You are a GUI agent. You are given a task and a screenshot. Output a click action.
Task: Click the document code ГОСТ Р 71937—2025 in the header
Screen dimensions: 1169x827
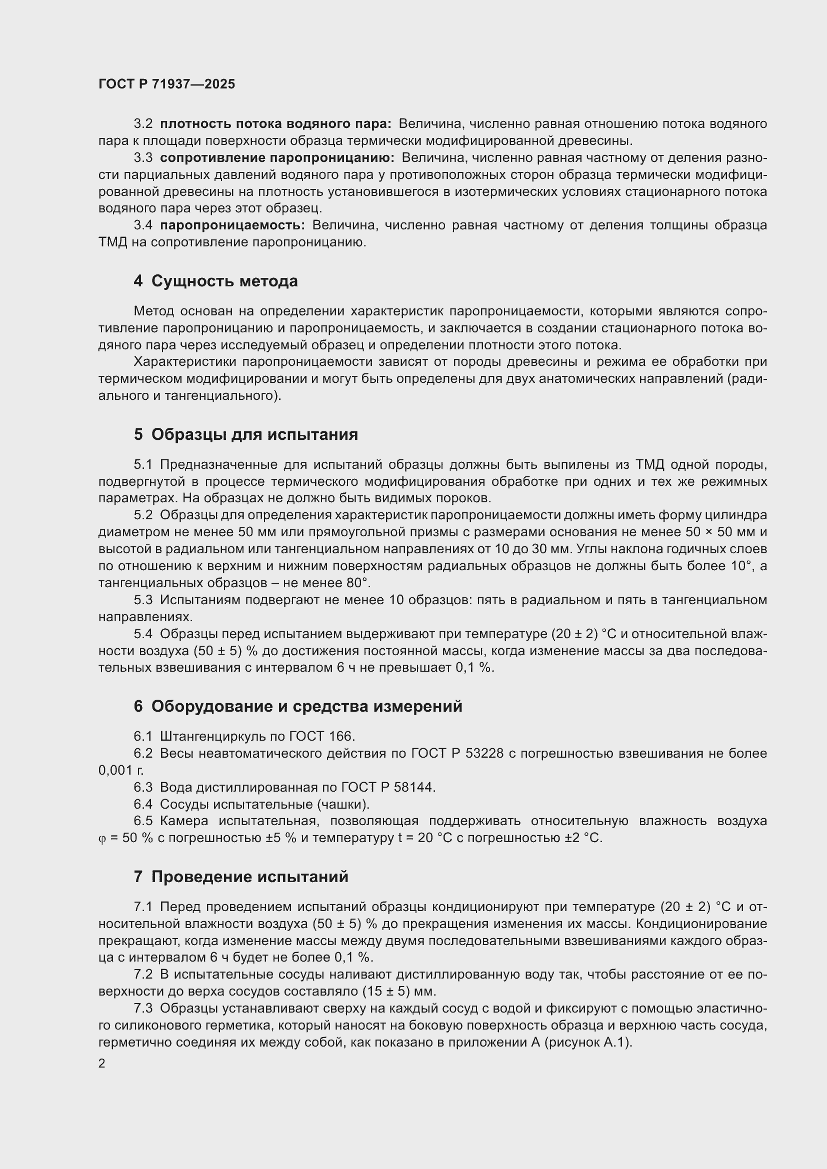point(166,84)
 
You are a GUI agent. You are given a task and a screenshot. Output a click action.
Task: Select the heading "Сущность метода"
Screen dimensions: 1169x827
point(224,281)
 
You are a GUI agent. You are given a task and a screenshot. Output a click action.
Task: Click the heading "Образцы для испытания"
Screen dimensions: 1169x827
point(254,434)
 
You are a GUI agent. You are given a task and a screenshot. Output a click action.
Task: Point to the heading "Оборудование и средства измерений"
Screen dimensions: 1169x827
point(306,706)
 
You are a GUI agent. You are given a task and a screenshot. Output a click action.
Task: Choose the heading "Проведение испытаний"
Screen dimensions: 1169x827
point(249,876)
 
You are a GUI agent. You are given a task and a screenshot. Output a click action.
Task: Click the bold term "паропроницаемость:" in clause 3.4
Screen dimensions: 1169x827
point(232,225)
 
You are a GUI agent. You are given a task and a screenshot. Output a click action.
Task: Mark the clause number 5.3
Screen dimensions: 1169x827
point(143,600)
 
